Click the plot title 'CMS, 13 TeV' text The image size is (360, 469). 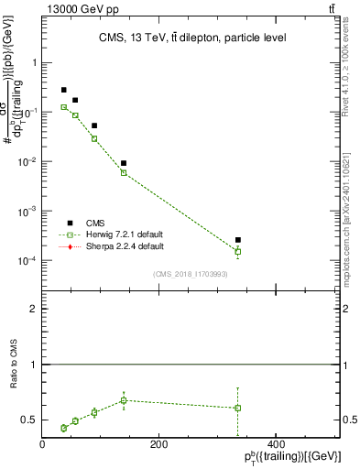click(x=192, y=38)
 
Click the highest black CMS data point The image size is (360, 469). click(x=64, y=90)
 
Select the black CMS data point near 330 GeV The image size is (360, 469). click(x=238, y=240)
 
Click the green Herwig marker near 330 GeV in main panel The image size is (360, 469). click(x=238, y=251)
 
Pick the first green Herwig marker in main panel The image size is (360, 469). click(x=64, y=107)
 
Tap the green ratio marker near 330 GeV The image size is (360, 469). click(x=238, y=408)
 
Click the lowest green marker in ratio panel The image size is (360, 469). click(x=64, y=428)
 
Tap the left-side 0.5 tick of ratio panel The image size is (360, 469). click(x=29, y=420)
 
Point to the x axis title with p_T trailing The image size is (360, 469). click(x=289, y=457)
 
